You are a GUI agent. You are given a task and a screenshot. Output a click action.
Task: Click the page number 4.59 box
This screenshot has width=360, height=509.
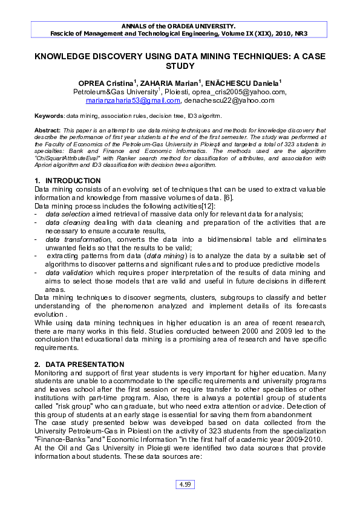[183, 484]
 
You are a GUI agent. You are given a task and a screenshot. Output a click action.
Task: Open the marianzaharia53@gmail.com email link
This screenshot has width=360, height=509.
[133, 100]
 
